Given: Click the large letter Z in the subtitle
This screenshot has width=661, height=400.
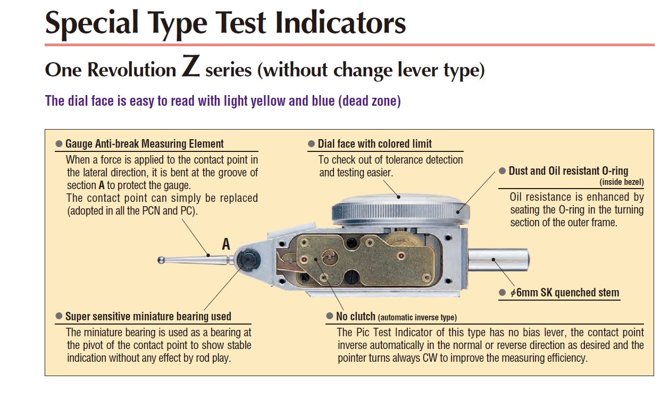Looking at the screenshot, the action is point(191,66).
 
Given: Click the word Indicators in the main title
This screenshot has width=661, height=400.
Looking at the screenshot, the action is point(340,22).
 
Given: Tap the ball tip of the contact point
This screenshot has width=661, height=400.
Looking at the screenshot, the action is point(161,260).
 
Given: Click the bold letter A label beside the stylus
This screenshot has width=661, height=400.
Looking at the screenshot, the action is point(226,244).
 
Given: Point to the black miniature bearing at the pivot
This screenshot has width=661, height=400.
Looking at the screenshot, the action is point(248,260).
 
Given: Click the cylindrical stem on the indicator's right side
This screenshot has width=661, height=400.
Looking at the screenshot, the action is point(499,260).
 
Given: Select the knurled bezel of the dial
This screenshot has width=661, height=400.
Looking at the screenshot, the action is point(400,212).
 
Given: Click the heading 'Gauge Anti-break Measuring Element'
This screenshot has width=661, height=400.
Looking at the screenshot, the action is point(144,144).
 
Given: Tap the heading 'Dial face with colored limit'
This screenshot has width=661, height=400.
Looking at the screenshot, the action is point(374,144).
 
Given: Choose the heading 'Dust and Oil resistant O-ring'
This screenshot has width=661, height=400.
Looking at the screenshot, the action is point(568,171).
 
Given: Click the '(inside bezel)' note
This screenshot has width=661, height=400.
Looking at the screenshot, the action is point(622,182).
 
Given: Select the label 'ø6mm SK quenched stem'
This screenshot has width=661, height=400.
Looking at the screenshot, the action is point(565,293).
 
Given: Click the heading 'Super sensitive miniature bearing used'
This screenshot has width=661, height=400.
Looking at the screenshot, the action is point(148,316).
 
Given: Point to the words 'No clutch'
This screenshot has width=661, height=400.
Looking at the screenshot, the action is point(356,316).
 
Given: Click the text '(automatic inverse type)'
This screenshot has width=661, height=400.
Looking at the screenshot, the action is point(417,318).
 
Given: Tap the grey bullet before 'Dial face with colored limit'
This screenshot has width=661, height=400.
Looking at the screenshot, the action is point(311,144).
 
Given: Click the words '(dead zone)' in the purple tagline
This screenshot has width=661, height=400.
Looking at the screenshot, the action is point(370,101).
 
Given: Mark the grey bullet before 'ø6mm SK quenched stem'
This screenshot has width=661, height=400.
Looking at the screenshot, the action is point(502,293).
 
